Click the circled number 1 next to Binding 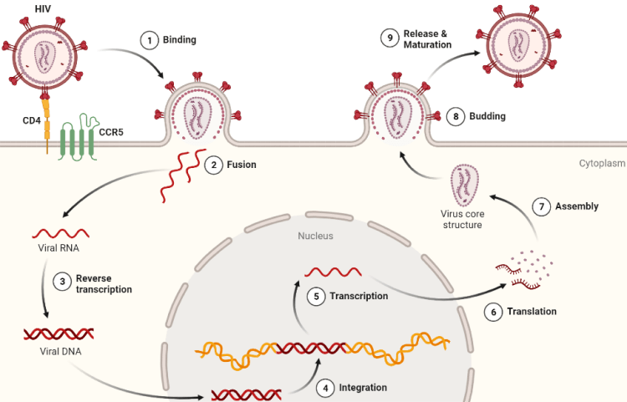149,40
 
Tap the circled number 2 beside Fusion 214,165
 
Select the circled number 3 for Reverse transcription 63,282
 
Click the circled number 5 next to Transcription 317,296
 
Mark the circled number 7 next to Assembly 542,206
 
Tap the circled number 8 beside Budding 456,116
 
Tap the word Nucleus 315,236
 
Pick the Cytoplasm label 602,164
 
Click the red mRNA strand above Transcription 333,272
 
